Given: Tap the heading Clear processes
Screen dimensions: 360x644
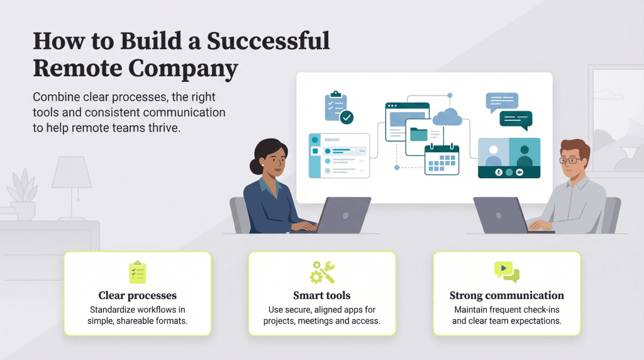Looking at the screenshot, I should (x=137, y=295).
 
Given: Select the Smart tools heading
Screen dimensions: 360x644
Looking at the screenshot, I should (x=321, y=295).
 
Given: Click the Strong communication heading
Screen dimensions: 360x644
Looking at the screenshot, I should (x=506, y=295).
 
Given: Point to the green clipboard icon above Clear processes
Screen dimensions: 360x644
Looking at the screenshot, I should (x=137, y=271).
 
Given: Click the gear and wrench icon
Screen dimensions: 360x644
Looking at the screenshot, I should (x=321, y=271).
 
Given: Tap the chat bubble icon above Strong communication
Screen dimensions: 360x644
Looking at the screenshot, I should (x=506, y=271).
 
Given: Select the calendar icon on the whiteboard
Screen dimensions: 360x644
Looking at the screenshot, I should (x=441, y=159).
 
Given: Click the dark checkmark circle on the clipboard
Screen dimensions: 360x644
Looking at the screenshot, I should (x=347, y=117).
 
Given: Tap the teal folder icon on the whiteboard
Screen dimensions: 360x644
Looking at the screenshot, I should (x=418, y=134).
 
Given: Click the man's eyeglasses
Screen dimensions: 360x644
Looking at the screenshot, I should (x=570, y=160).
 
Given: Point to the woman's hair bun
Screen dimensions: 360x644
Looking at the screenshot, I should (x=255, y=167).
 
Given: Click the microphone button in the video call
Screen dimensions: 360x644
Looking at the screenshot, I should (x=498, y=172).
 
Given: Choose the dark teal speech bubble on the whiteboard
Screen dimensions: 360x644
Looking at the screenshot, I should (x=516, y=119).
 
